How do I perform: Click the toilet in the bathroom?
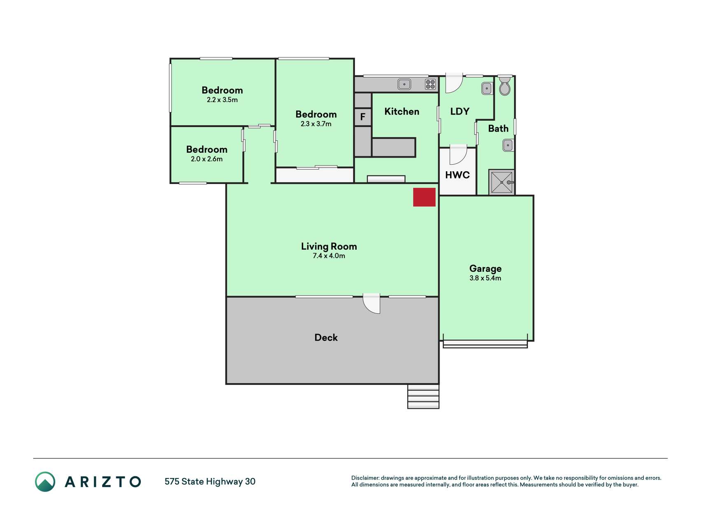click(504, 86)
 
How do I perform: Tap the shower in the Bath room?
click(502, 182)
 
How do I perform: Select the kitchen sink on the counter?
click(404, 84)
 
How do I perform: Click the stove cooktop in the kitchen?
click(430, 84)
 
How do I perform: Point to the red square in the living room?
click(424, 197)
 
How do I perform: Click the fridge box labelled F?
click(363, 117)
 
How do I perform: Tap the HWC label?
click(457, 175)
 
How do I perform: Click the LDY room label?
click(460, 112)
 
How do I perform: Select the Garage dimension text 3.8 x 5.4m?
click(485, 278)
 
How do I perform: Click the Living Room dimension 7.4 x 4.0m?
click(329, 256)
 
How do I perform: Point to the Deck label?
click(326, 338)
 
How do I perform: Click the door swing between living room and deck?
click(371, 303)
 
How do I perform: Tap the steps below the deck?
click(423, 396)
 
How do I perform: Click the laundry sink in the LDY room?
click(487, 89)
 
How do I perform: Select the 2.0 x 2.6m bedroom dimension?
click(206, 159)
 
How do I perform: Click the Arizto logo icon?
click(45, 482)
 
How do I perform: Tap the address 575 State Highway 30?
click(210, 482)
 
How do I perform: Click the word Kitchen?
click(402, 112)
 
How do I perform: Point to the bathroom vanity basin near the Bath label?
click(508, 145)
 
